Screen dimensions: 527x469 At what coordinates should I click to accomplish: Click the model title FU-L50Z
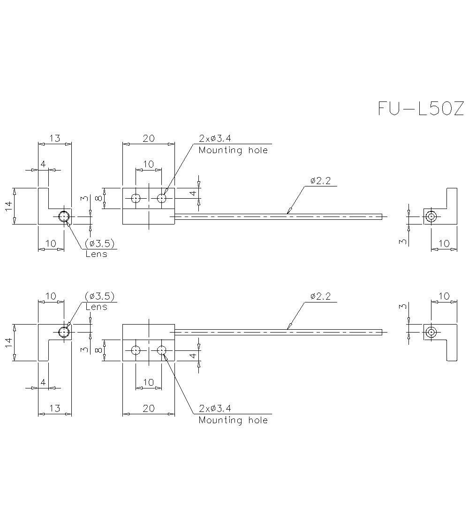420,108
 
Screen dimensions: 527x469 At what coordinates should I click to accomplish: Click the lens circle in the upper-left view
64,217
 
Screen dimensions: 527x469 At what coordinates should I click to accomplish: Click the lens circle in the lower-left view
64,332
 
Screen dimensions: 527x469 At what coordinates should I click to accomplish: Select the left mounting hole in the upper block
136,198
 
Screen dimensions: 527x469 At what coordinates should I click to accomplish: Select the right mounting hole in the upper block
162,198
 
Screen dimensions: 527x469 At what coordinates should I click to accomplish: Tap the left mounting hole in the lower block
136,350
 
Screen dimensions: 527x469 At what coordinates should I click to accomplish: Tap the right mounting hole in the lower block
162,350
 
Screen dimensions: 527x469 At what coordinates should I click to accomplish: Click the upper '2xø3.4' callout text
215,139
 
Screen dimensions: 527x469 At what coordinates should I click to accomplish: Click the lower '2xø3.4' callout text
215,408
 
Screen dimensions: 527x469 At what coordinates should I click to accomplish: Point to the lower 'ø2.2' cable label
320,296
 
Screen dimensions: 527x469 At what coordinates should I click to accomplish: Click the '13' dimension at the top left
55,138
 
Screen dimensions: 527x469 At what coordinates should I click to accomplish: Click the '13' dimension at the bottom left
55,408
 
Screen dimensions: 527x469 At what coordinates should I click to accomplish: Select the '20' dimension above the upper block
148,138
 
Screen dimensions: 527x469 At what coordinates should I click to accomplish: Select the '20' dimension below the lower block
148,408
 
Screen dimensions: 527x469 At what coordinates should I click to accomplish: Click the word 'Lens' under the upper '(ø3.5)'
96,254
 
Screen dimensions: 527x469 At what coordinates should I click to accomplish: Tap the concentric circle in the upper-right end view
431,217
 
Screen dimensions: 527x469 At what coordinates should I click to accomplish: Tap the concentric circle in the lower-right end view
431,332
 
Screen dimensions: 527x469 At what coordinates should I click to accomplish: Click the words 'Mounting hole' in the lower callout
233,420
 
